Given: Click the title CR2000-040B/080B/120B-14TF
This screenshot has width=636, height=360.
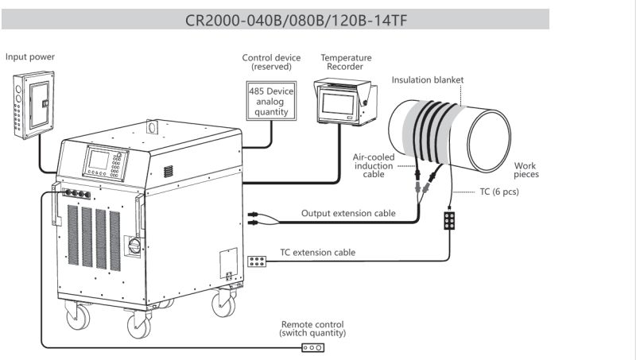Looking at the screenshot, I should pyautogui.click(x=317, y=19).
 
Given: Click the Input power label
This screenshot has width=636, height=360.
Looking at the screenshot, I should pyautogui.click(x=30, y=56).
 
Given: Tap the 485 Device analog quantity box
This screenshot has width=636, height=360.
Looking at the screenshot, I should pyautogui.click(x=272, y=102).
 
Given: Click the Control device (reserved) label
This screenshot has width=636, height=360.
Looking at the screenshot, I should pyautogui.click(x=271, y=62).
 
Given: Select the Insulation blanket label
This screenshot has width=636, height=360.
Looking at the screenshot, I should pyautogui.click(x=427, y=79).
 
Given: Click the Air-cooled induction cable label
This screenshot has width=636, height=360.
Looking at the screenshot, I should pyautogui.click(x=373, y=166).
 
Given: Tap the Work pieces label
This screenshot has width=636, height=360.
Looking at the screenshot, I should pyautogui.click(x=525, y=169).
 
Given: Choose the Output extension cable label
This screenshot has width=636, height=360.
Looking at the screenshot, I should pyautogui.click(x=348, y=213).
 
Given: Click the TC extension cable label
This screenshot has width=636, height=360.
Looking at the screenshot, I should pyautogui.click(x=317, y=253).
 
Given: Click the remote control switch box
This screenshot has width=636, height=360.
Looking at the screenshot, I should pyautogui.click(x=312, y=346).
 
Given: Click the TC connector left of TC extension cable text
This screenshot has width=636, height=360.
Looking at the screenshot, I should pyautogui.click(x=258, y=260).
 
